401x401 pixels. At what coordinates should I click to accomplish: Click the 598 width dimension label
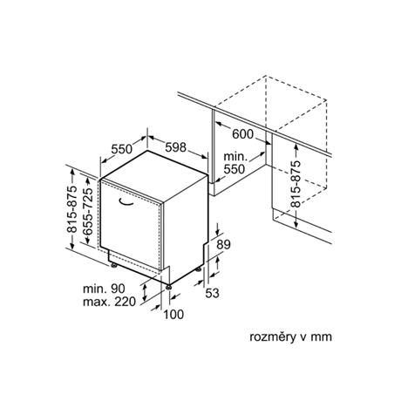[175, 147]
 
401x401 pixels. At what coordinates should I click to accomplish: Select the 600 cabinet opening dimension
[243, 134]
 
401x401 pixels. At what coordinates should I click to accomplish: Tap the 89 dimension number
[223, 245]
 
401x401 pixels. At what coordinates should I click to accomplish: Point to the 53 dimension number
[212, 293]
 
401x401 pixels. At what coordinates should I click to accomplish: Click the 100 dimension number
[173, 314]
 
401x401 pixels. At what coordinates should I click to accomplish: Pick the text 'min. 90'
[104, 289]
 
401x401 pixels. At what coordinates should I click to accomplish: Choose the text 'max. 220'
[109, 302]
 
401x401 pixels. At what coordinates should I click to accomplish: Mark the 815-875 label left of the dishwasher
[72, 209]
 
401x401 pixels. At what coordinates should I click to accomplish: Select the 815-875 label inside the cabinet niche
[296, 184]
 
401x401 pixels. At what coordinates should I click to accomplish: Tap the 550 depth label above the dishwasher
[122, 149]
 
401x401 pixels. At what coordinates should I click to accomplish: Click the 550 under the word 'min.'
[234, 169]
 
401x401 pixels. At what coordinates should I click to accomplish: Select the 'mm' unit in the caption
[322, 337]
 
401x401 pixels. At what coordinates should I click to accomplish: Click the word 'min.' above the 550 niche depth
[235, 157]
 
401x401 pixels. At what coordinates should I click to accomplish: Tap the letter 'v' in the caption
[302, 337]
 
